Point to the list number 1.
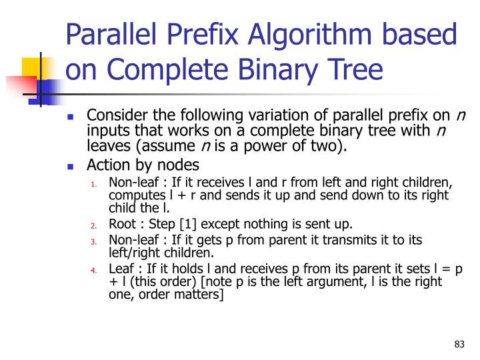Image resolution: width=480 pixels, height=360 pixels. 95,185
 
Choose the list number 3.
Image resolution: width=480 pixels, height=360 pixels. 95,241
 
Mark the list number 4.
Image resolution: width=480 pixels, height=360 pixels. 95,271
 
